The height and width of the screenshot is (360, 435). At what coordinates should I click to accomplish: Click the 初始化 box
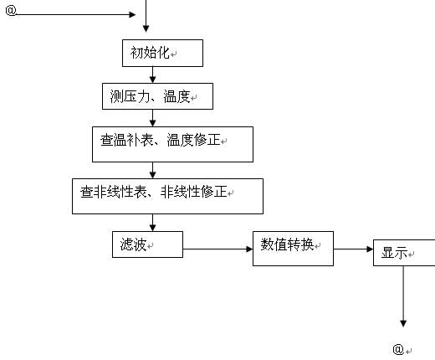point(151,53)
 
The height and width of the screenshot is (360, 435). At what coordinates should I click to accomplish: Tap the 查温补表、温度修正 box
point(172,143)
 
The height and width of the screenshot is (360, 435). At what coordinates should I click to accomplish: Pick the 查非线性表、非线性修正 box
point(167,194)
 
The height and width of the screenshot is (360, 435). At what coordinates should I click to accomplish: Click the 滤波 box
point(146,244)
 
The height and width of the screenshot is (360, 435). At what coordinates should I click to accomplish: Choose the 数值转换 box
point(293,248)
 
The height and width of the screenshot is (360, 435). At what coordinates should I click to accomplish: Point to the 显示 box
point(403,253)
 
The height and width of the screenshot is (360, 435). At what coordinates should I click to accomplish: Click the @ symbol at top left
point(9,14)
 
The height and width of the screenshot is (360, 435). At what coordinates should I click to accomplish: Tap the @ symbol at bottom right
point(398,348)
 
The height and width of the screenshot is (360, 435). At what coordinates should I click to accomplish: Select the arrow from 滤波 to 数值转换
point(217,249)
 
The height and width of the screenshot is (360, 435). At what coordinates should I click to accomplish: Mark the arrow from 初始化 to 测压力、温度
point(152,75)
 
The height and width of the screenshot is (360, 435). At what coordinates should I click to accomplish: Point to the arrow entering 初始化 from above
point(147,21)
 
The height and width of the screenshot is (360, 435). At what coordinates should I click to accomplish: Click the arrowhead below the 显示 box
point(403,321)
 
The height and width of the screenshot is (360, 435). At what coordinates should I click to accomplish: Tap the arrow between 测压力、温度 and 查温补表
point(152,117)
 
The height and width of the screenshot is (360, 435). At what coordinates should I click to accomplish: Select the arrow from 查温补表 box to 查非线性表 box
point(152,169)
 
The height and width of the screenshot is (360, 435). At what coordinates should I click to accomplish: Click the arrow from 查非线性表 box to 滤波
point(152,222)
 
